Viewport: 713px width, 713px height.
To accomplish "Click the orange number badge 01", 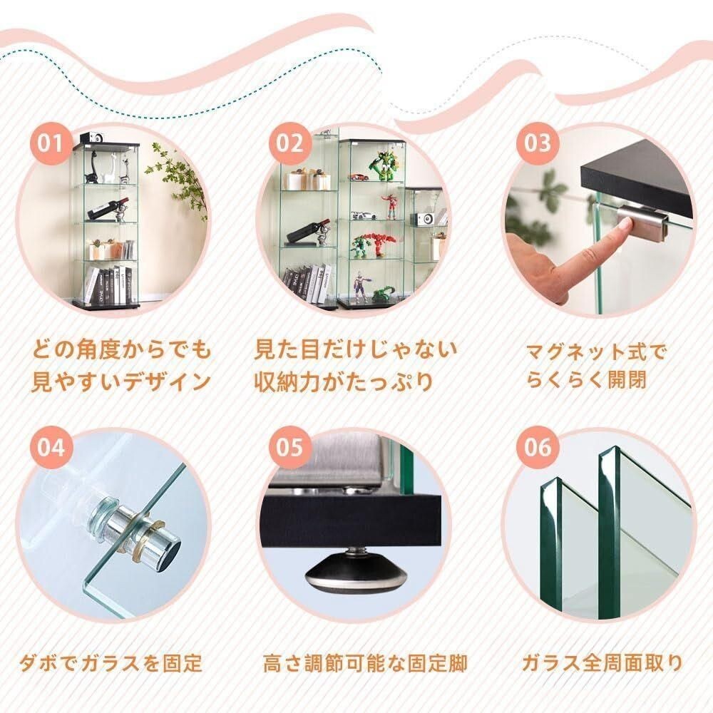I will (51, 143).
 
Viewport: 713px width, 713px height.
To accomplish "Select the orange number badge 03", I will (538, 143).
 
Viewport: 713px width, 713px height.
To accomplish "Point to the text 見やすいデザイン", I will (120, 382).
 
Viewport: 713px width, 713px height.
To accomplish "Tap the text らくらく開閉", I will (587, 380).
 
